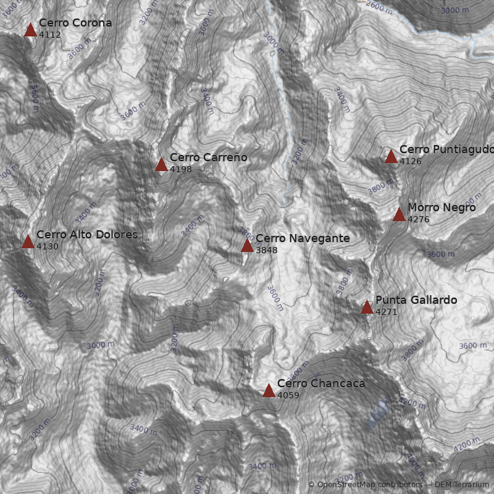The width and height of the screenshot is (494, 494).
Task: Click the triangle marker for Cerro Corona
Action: coord(30,30)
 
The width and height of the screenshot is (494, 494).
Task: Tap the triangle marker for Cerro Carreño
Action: coord(161,164)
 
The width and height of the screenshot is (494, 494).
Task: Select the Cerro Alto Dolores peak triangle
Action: coord(28,241)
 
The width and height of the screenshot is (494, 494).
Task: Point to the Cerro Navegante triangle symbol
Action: coord(247,246)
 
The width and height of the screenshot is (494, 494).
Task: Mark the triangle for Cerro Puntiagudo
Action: coord(391,156)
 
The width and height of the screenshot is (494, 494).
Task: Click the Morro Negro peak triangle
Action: coord(399,214)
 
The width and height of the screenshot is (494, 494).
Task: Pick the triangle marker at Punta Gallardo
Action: coord(367,308)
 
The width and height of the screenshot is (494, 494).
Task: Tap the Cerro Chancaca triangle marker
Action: coord(269,390)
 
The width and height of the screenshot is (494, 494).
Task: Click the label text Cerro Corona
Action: coord(75,23)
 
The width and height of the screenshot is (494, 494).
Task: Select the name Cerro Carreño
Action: coord(208,157)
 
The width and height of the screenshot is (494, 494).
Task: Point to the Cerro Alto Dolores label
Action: coord(86,235)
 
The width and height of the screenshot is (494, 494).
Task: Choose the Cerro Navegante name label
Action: coord(302,238)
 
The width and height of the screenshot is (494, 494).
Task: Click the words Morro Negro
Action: coord(442,207)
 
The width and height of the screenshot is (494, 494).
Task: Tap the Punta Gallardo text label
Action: coord(416,300)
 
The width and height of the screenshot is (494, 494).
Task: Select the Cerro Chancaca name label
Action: coord(320,383)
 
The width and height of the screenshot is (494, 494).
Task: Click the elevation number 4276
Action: coord(418,220)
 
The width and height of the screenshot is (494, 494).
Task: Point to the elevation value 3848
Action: coord(266,251)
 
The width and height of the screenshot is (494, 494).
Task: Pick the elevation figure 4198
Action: coord(180,169)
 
